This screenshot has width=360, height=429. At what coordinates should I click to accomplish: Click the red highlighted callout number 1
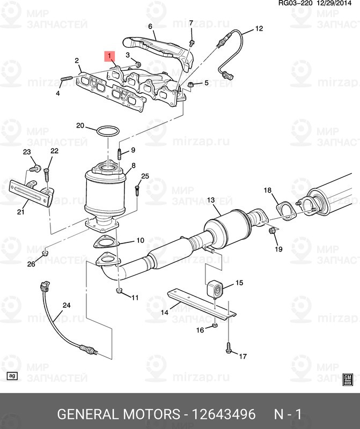click(x=109, y=56)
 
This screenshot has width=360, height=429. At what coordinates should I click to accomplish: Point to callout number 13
click(x=210, y=201)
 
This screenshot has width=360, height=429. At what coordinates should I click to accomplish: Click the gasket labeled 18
click(x=284, y=210)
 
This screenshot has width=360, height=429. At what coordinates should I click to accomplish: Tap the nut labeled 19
click(x=271, y=231)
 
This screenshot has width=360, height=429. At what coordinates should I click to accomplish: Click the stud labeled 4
click(x=67, y=81)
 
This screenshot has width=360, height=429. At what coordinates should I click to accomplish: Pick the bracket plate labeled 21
click(x=31, y=193)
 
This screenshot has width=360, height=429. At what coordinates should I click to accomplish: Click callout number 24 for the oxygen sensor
click(x=66, y=306)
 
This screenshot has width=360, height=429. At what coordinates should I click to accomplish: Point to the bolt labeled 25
click(x=137, y=190)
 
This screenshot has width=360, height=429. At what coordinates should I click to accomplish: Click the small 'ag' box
click(x=12, y=376)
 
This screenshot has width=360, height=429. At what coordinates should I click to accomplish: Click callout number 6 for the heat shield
click(x=150, y=26)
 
